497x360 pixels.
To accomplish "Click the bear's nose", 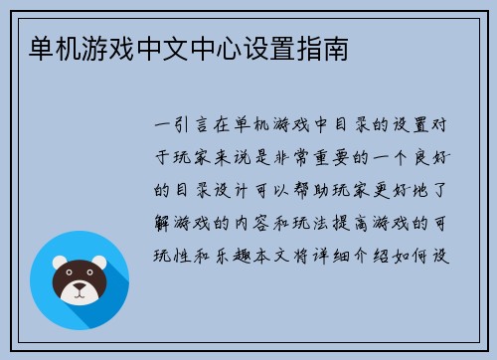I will (x=80, y=292).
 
